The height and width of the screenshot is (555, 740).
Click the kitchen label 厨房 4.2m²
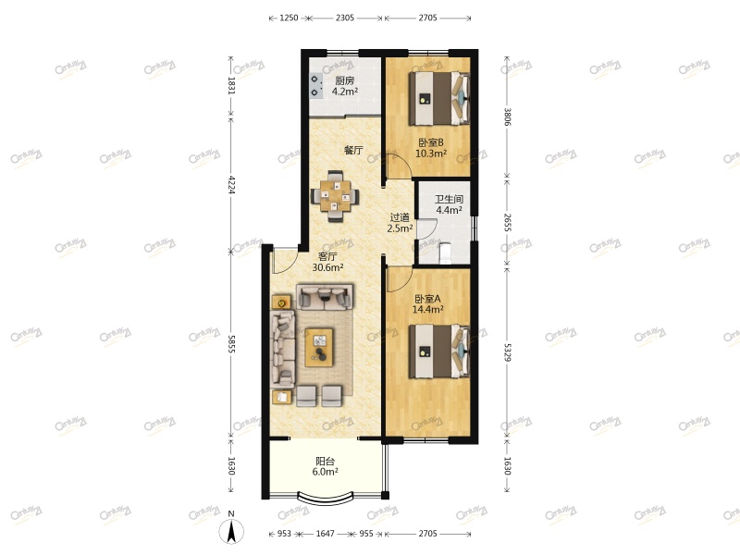pos(344,86)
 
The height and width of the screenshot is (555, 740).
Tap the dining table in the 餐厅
pos(335,195)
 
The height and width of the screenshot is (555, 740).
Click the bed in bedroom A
pos(441,351)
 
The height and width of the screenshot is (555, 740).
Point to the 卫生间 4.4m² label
pos(449,204)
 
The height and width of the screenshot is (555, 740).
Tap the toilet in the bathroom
pos(440,251)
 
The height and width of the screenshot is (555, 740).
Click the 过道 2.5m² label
pos(400,223)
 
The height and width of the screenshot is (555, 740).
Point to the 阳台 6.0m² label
pos(325,465)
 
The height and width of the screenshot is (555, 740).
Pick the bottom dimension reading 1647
pos(325,534)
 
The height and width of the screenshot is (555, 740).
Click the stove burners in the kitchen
pos(316,87)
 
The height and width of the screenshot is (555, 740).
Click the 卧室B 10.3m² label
pos(430,148)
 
